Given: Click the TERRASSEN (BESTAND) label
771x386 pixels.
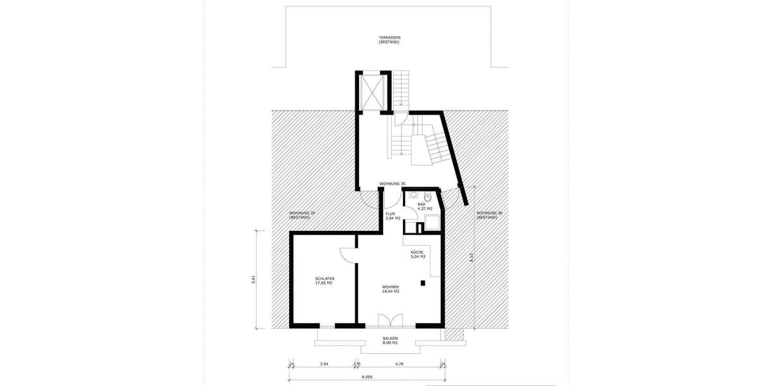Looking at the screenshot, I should click(x=389, y=40).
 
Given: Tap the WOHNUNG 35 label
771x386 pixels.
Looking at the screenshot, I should click(x=393, y=184).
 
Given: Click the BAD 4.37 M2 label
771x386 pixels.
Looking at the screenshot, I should click(x=425, y=207).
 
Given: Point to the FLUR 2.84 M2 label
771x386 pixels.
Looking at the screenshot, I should click(x=393, y=216).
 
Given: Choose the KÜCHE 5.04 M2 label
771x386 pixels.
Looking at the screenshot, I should click(x=418, y=254).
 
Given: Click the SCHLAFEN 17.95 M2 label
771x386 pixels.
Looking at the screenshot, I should click(x=324, y=280).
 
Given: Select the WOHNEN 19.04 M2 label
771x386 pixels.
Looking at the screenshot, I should click(x=391, y=289).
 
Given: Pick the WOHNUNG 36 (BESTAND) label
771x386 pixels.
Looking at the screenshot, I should click(x=488, y=216).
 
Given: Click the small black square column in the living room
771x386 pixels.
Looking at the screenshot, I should click(x=422, y=282).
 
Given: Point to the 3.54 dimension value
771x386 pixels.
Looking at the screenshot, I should click(x=324, y=364).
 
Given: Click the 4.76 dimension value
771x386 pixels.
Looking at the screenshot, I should click(x=399, y=364).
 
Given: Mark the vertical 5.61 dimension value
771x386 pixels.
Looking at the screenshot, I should click(x=254, y=279).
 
